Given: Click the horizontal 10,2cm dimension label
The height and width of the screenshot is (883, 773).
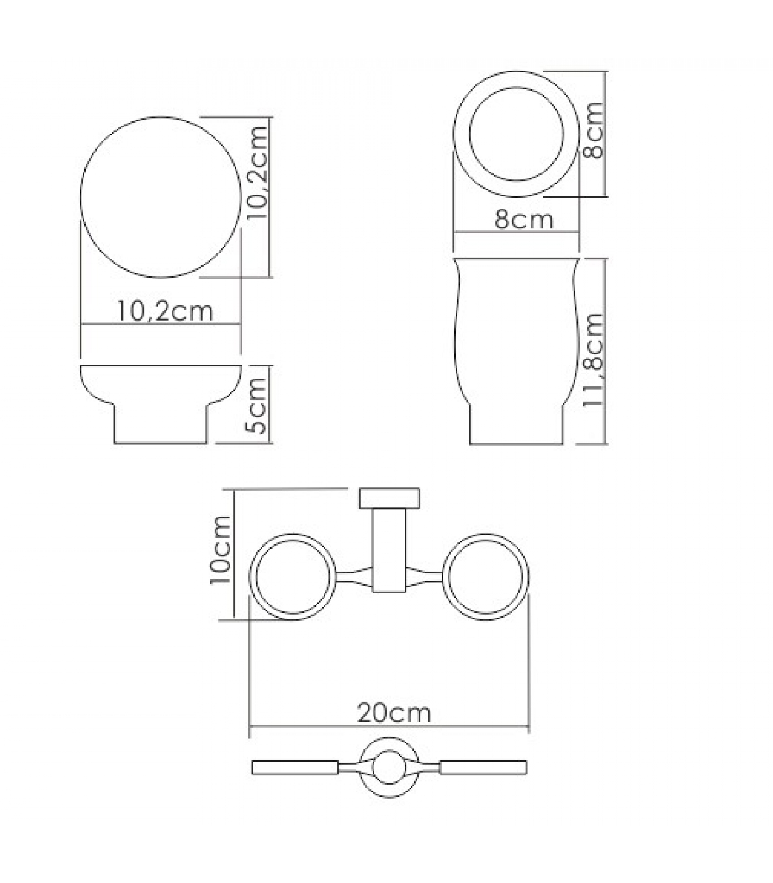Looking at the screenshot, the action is (x=165, y=311).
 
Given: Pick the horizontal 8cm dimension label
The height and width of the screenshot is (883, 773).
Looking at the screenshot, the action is (x=523, y=219).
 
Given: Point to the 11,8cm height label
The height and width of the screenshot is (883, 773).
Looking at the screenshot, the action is (x=594, y=360).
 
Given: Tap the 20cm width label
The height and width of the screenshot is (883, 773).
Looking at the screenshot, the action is (x=393, y=712).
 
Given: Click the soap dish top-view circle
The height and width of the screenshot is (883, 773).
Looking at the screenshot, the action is (x=161, y=116).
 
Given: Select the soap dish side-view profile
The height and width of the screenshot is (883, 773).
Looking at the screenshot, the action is (x=161, y=443).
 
